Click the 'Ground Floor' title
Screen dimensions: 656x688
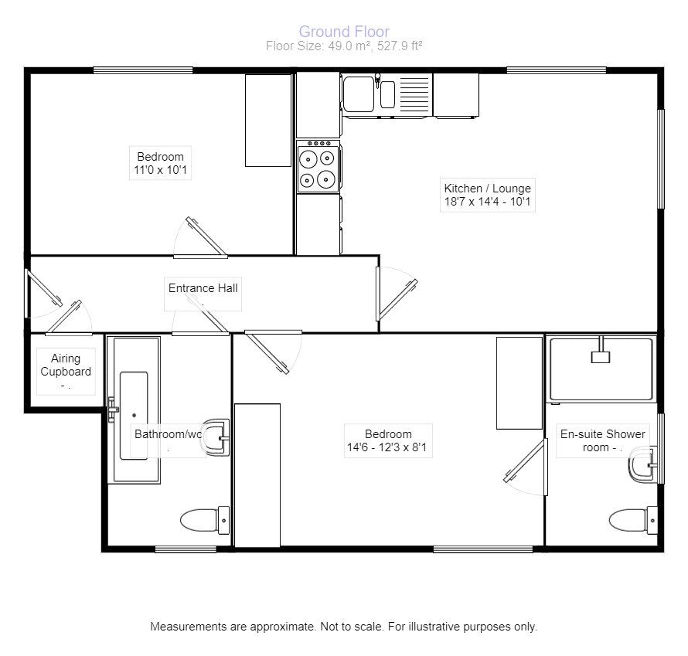point(343,32)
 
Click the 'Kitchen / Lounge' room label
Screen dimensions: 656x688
point(487,188)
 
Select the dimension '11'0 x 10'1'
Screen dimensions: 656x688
point(161,171)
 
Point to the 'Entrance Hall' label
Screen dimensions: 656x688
point(203,288)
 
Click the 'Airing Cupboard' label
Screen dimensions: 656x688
point(66,365)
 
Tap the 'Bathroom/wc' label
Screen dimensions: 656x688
point(168,434)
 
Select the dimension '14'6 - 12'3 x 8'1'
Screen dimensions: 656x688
point(389,448)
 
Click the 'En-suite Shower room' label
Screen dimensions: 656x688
point(602,440)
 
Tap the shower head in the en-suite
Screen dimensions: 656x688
point(601,356)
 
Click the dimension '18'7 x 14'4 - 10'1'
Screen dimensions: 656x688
point(487,203)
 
